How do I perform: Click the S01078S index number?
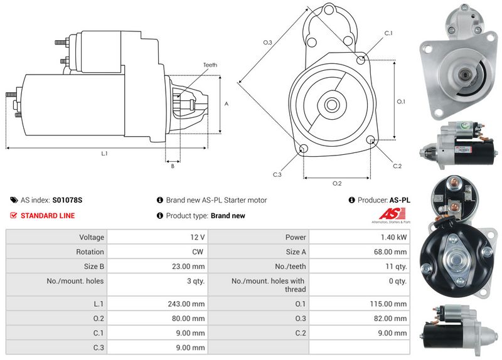click(67, 200)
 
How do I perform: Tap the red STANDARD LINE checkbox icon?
click(14, 216)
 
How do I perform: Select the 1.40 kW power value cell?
click(393, 238)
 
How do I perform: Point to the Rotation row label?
click(91, 252)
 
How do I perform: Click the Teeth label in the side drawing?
click(210, 65)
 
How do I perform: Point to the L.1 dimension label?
click(105, 154)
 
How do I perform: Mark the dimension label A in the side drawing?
click(226, 103)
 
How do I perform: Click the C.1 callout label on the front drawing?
click(388, 33)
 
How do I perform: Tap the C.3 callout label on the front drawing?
click(277, 174)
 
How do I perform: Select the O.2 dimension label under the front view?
click(336, 183)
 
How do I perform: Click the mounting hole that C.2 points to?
click(370, 140)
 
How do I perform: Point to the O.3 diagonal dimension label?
click(267, 43)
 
